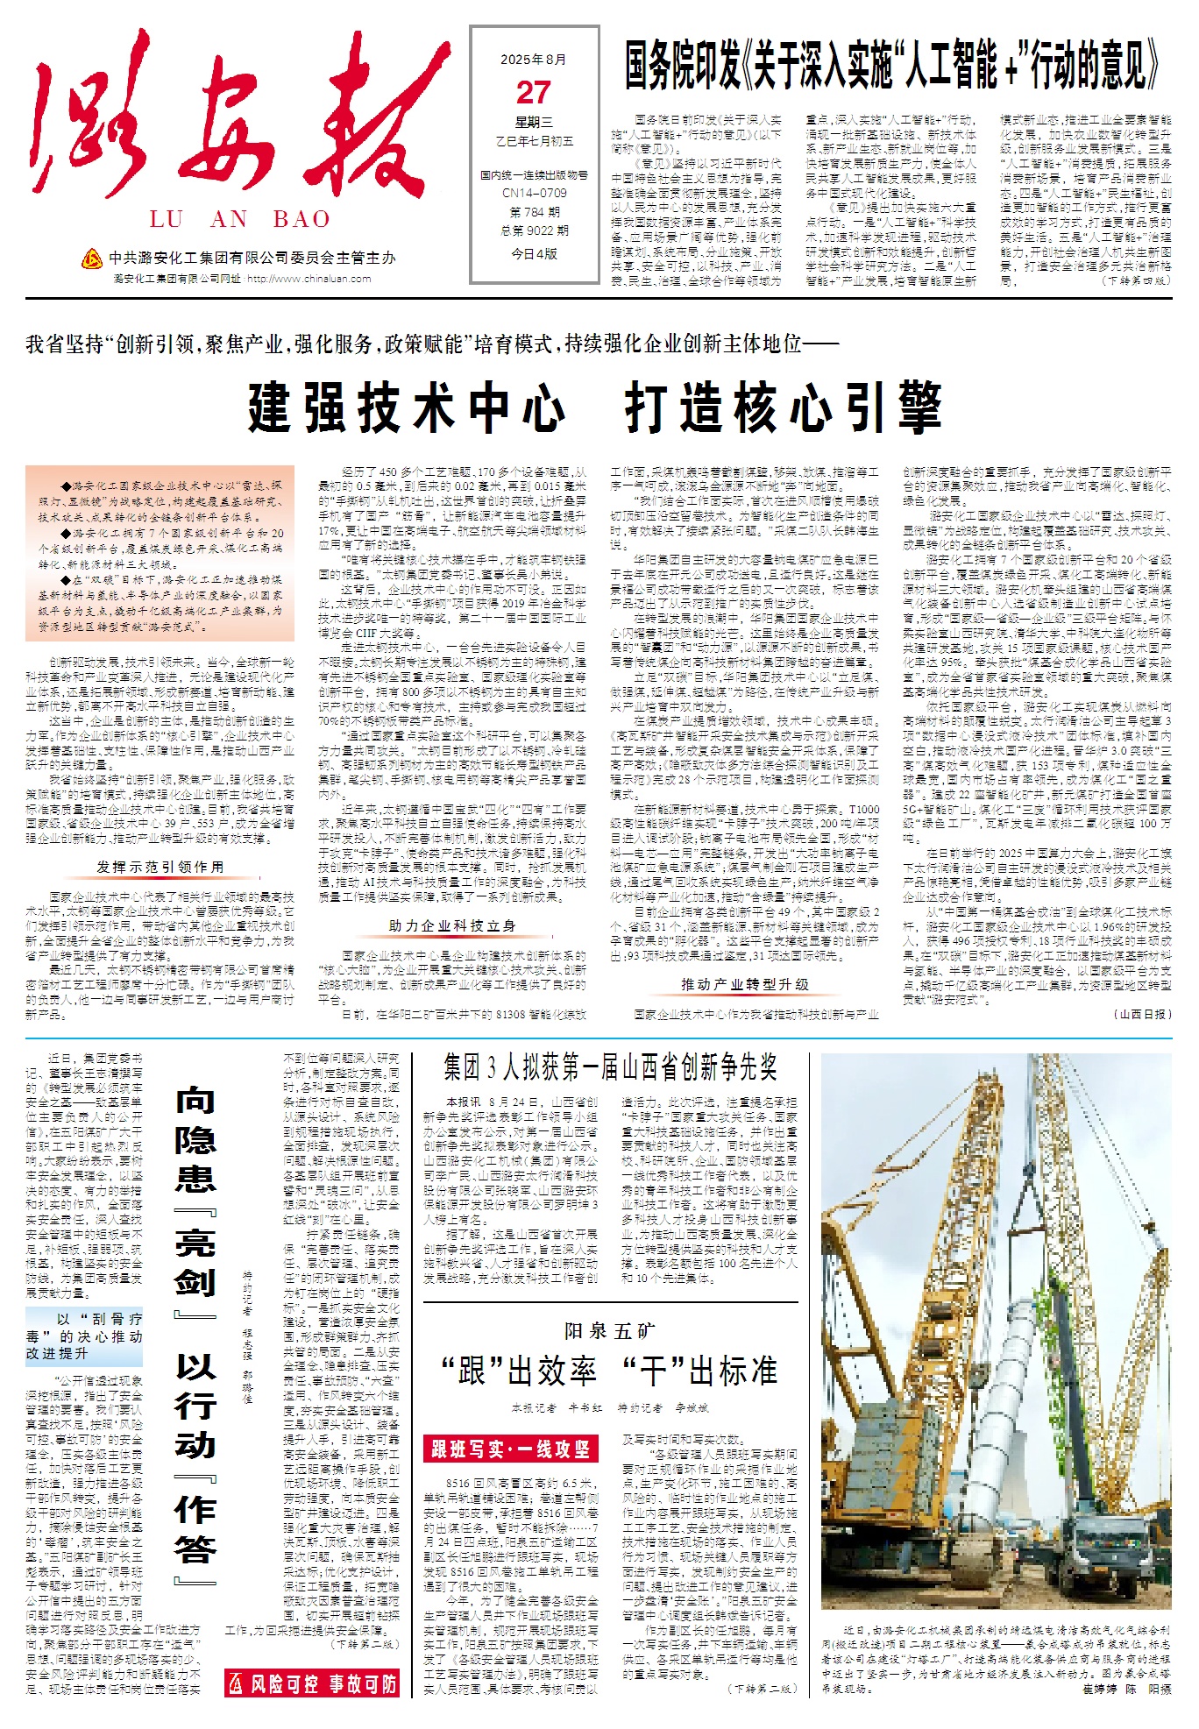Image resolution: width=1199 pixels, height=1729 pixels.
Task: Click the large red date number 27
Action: click(x=533, y=93)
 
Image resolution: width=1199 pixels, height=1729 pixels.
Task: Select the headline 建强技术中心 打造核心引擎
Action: click(x=594, y=407)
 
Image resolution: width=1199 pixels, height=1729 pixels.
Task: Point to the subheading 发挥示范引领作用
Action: click(x=160, y=867)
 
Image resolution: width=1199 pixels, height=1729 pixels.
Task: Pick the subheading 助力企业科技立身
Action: click(x=452, y=925)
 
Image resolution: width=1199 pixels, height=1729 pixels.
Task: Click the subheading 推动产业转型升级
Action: click(x=745, y=984)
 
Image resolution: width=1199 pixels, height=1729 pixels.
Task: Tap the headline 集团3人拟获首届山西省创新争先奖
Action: click(x=610, y=1067)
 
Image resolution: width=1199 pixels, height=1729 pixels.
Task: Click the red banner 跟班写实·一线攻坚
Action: click(x=510, y=1449)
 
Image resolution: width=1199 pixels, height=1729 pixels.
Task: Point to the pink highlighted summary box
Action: click(x=160, y=554)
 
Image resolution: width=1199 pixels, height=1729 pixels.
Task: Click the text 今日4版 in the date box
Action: click(x=534, y=253)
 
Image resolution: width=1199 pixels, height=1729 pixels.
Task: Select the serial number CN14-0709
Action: click(x=534, y=193)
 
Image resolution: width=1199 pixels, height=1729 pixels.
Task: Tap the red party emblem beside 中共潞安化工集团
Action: click(x=91, y=259)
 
